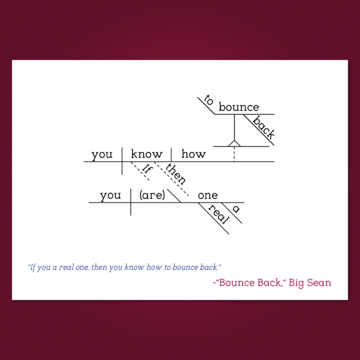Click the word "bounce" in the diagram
[x=239, y=107]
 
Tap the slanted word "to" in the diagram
[x=209, y=100]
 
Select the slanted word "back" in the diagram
[x=263, y=127]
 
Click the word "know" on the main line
[x=147, y=154]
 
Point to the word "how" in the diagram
[x=194, y=154]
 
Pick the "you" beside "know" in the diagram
[x=102, y=155]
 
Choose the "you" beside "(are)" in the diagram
[x=110, y=196]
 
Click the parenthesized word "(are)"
[x=152, y=195]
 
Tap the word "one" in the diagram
[x=208, y=196]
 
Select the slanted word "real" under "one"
[x=219, y=214]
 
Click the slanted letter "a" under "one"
[x=236, y=209]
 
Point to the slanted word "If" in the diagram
[x=147, y=169]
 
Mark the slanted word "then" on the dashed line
[x=176, y=174]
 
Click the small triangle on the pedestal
[x=234, y=143]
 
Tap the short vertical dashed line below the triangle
[x=234, y=154]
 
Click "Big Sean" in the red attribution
[x=310, y=283]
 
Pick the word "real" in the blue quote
[x=66, y=267]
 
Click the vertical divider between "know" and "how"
[x=171, y=155]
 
